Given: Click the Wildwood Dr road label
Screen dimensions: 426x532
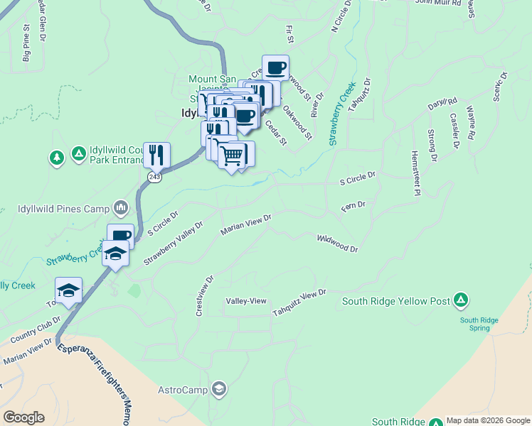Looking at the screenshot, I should (x=338, y=244).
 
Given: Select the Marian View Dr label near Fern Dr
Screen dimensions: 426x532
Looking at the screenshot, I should (x=246, y=225).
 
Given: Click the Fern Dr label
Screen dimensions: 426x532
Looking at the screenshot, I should (x=353, y=205).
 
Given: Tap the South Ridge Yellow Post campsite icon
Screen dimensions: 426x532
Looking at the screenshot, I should (x=461, y=300).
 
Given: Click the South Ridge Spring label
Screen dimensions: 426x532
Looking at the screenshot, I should (x=479, y=324).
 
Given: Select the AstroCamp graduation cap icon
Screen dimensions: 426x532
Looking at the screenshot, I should (x=220, y=388).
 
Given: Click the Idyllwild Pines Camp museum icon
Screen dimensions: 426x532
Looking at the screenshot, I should (x=120, y=208).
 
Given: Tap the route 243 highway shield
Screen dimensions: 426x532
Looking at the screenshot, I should (x=155, y=177).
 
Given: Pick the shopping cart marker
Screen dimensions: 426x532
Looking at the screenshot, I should (x=233, y=154).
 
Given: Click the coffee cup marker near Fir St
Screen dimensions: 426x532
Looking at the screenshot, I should (x=276, y=68).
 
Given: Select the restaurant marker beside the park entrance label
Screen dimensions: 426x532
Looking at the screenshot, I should (x=156, y=154).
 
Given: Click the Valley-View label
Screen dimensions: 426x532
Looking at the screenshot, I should (x=246, y=301).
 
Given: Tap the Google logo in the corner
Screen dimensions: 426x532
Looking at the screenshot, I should (x=23, y=417).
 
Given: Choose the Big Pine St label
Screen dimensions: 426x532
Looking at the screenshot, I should (x=27, y=45).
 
